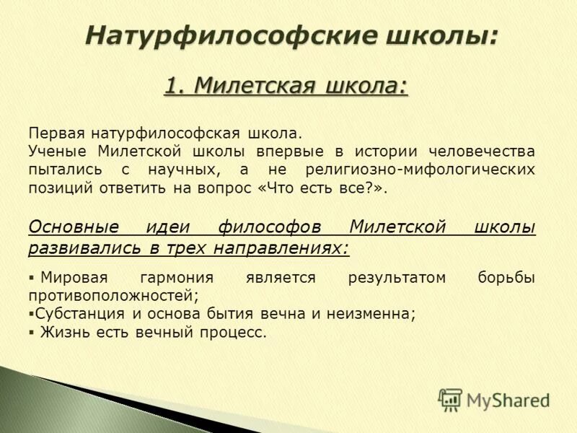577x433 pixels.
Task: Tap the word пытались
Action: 61,170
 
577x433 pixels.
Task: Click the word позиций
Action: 58,188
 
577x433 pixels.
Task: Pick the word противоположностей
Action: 112,296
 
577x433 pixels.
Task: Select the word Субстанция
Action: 81,314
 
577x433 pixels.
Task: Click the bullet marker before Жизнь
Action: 32,333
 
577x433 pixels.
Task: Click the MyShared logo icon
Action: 450,399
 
